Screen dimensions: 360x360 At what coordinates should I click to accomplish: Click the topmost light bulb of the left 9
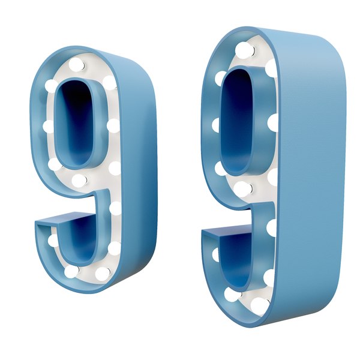tap(77, 64)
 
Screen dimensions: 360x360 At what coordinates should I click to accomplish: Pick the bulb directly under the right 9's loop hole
tap(242, 190)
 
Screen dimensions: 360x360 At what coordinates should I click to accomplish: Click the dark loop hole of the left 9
tap(77, 123)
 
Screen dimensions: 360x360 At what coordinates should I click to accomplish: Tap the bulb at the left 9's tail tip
tap(53, 241)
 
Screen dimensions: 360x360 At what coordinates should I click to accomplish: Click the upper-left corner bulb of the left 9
tap(52, 86)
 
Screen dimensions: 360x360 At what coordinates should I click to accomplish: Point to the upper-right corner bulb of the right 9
tap(271, 67)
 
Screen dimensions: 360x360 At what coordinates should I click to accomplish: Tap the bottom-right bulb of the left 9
tap(103, 272)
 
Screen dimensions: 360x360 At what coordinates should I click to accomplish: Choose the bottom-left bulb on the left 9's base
tap(71, 271)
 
